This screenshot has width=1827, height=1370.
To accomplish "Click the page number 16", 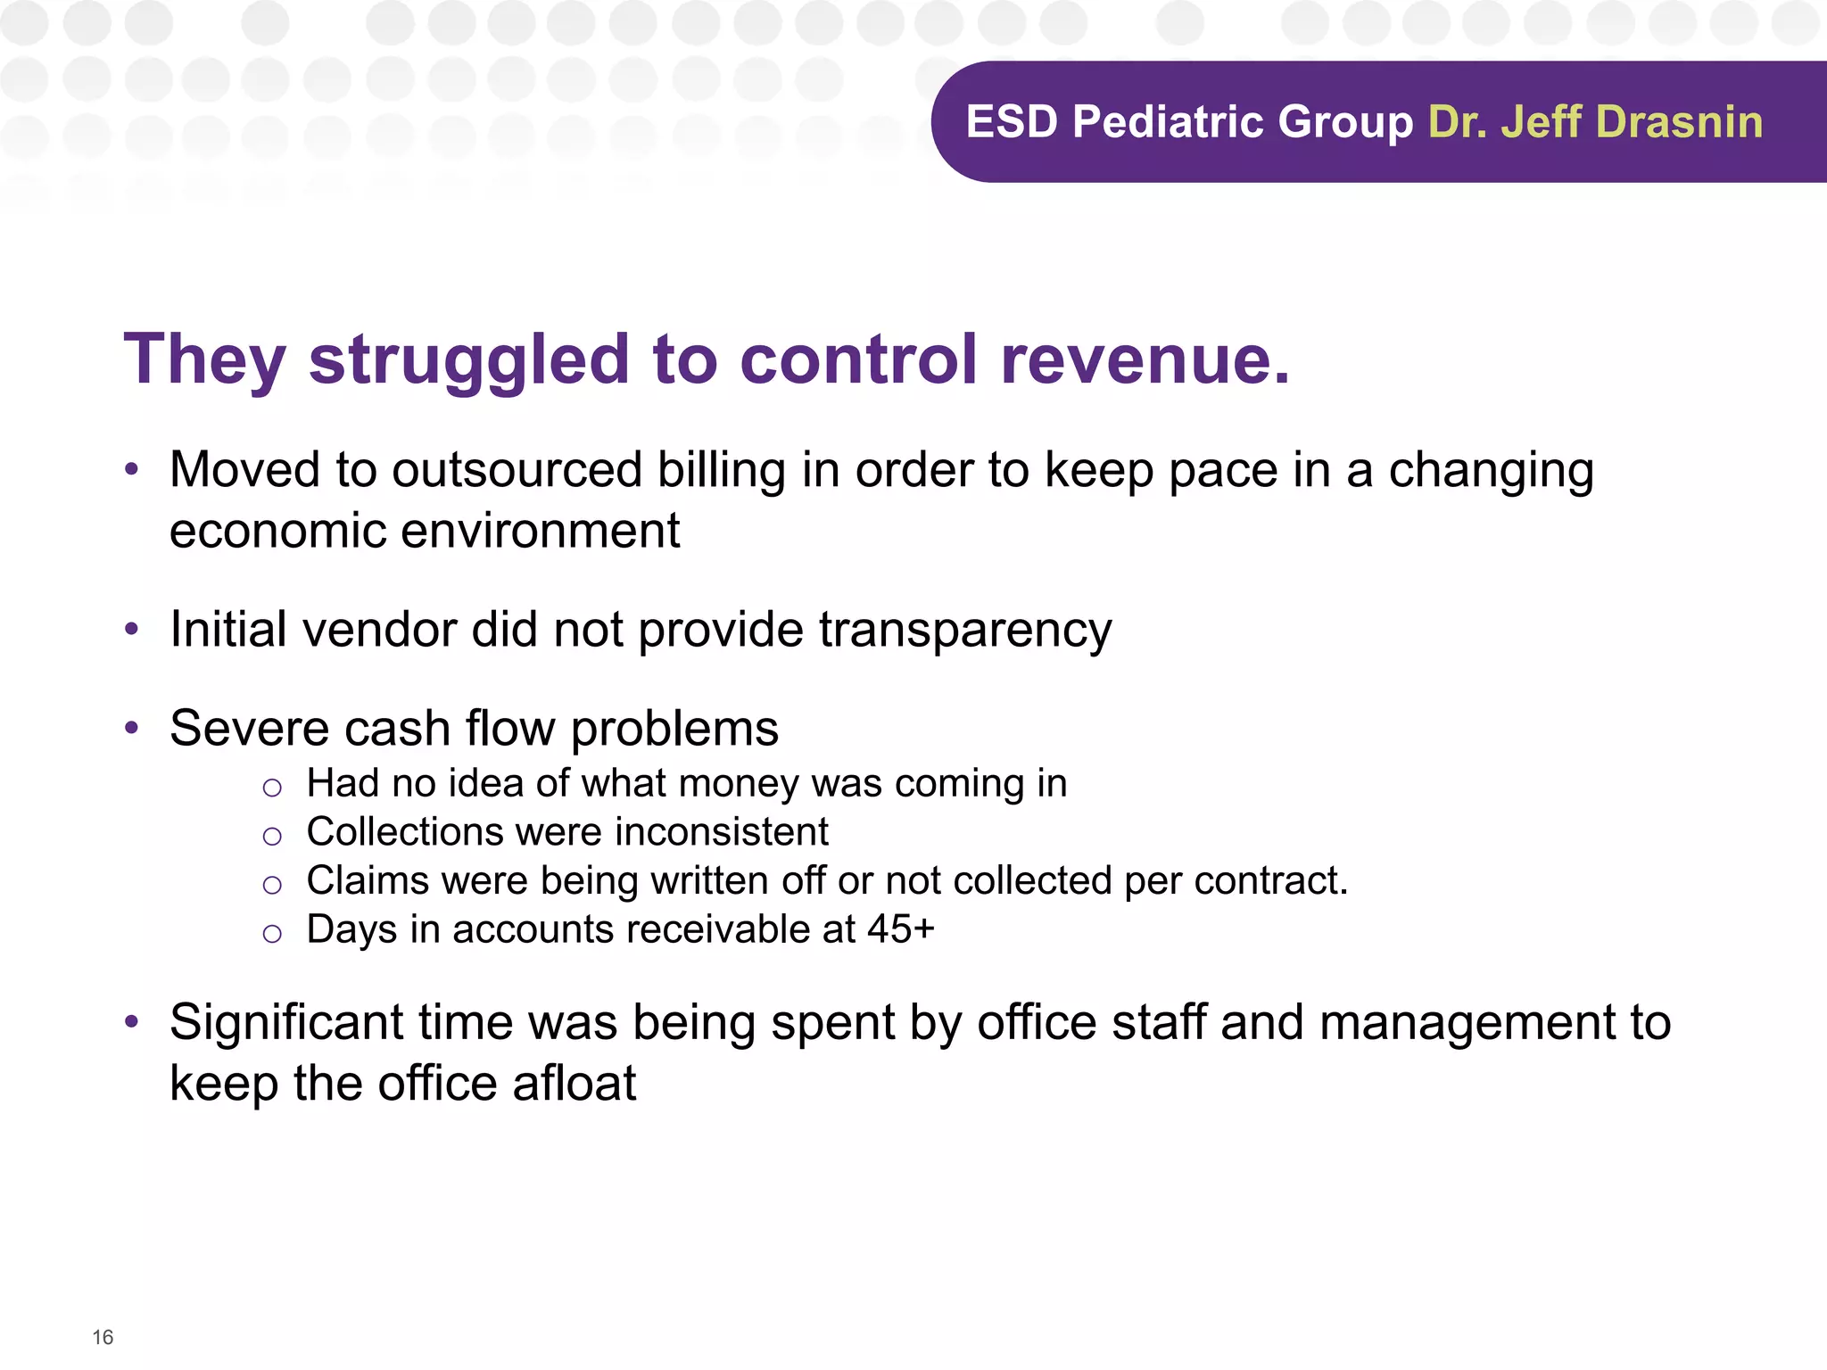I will pos(103,1337).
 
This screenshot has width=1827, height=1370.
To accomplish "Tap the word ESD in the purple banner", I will pos(1012,122).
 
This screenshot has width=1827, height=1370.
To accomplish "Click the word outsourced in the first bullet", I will pos(517,470).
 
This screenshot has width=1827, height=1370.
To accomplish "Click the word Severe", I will pos(248,729).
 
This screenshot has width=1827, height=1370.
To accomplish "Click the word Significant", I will pos(286,1023).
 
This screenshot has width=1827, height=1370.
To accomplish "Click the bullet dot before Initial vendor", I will pos(132,630).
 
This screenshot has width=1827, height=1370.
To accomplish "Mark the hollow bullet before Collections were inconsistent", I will pos(272,836).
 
